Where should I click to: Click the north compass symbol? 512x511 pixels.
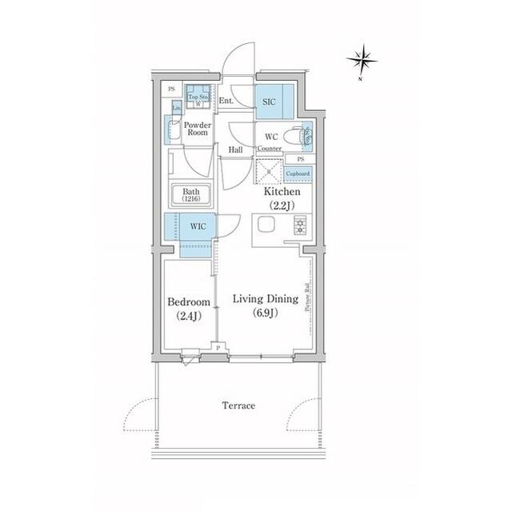(362, 58)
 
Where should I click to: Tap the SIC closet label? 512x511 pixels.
(270, 102)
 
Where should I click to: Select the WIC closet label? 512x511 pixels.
(198, 226)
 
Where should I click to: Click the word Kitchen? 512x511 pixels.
(282, 192)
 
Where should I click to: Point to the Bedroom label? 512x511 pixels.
(189, 302)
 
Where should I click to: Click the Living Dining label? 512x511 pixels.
(265, 299)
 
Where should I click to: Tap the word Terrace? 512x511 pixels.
(238, 405)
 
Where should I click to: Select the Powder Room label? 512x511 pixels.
(197, 129)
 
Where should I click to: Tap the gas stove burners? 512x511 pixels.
(300, 225)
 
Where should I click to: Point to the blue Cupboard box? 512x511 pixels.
(298, 174)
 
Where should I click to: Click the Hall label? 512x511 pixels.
(235, 150)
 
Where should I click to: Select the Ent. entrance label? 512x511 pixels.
(226, 101)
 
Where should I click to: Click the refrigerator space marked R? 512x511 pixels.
(268, 171)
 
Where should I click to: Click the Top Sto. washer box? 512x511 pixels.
(198, 97)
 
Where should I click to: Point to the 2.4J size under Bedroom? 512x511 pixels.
(189, 315)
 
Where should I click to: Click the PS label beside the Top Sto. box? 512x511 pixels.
(171, 88)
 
